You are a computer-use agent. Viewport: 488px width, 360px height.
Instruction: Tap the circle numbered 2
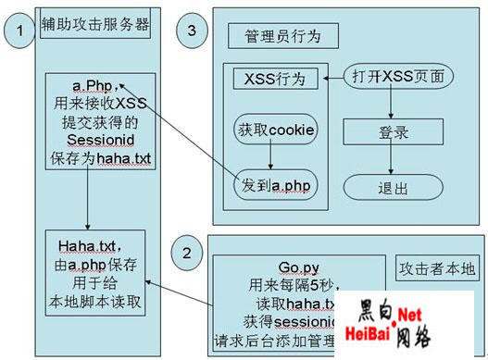pyautogui.click(x=186, y=251)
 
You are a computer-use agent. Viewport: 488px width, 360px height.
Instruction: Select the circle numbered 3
pyautogui.click(x=192, y=31)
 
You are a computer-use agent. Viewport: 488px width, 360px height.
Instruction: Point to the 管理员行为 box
pyautogui.click(x=282, y=36)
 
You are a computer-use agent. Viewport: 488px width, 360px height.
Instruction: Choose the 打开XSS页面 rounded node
pyautogui.click(x=398, y=76)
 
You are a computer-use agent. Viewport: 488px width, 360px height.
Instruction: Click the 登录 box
pyautogui.click(x=394, y=133)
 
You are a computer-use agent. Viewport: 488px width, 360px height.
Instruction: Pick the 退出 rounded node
pyautogui.click(x=393, y=188)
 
